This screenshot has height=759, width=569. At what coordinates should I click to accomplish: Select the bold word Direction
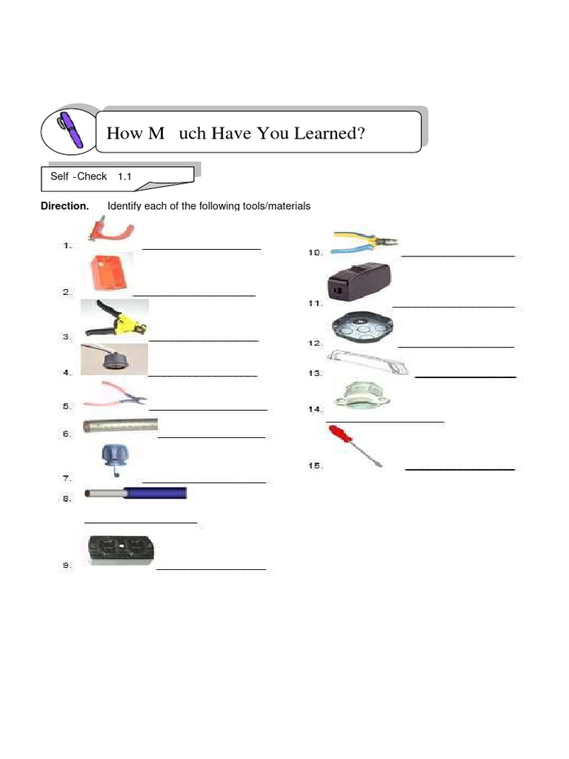click(x=64, y=206)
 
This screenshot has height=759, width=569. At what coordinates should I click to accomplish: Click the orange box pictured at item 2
click(x=110, y=272)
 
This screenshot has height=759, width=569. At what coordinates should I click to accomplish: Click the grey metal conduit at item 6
click(x=121, y=425)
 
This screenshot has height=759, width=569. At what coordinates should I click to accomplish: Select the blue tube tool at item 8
click(x=136, y=492)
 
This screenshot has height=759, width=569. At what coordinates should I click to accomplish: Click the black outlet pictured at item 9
click(x=120, y=551)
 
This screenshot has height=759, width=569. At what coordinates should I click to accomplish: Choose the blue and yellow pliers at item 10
click(x=365, y=242)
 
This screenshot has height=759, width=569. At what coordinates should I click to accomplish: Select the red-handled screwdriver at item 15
click(x=355, y=445)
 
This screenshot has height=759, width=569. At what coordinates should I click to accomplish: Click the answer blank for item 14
click(x=385, y=421)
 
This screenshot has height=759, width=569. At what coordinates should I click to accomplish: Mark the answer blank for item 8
click(x=141, y=523)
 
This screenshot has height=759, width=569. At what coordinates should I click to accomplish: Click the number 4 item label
click(x=67, y=373)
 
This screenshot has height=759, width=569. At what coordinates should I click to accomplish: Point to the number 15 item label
click(x=315, y=465)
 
